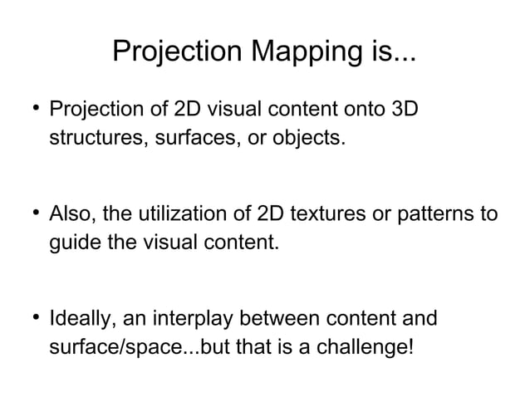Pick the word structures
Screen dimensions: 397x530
tap(94, 137)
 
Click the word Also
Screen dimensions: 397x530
tap(71, 215)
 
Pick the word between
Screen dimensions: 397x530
tap(279, 320)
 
